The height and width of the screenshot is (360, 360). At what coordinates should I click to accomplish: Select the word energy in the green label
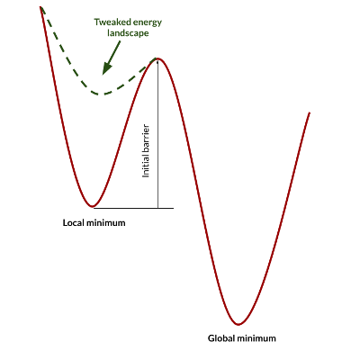(x=148, y=23)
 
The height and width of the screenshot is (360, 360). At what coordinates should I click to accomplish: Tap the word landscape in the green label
(x=128, y=33)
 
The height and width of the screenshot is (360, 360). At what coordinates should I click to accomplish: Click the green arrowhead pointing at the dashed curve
(x=105, y=68)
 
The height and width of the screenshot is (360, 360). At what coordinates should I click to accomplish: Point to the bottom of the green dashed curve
(x=102, y=94)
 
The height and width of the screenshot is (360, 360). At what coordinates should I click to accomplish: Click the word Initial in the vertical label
(x=146, y=166)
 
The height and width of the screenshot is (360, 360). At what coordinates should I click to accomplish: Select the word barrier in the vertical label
(x=146, y=139)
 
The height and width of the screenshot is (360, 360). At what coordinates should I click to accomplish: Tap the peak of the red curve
(x=157, y=58)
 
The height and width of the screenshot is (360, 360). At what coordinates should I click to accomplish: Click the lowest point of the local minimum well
(x=93, y=206)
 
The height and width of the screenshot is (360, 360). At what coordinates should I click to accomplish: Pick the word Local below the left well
(x=74, y=223)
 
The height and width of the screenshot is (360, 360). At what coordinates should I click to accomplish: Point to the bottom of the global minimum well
(x=238, y=324)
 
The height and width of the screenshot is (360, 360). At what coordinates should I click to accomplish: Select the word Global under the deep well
(x=221, y=338)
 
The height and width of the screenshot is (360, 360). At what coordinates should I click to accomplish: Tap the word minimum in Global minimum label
(x=256, y=338)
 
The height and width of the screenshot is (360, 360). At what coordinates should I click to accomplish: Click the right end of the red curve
(x=310, y=112)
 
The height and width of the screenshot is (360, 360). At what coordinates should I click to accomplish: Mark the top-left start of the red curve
(x=40, y=6)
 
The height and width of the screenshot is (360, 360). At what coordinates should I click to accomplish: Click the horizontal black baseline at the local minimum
(x=133, y=208)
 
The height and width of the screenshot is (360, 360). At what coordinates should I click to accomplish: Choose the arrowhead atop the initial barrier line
(x=157, y=61)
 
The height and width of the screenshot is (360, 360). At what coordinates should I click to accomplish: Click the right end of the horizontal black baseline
(x=174, y=208)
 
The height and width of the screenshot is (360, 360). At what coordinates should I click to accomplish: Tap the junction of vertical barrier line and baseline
(x=157, y=208)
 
